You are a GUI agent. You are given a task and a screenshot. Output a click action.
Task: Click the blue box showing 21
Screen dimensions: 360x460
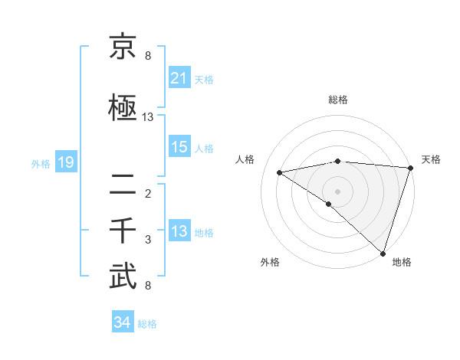pos(179,77)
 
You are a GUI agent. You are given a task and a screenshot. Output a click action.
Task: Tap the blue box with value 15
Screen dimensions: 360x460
pos(179,147)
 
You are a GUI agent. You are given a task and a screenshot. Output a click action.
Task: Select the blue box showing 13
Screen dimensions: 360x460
pos(179,231)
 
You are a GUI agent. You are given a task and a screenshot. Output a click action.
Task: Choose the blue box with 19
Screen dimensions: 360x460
pos(65,162)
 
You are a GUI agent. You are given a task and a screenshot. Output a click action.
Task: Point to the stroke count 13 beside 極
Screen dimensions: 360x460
pos(148,117)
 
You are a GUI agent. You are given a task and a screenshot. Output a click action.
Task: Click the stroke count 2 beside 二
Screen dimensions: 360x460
pos(148,193)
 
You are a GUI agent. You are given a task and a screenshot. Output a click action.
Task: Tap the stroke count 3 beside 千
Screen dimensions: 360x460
pos(148,240)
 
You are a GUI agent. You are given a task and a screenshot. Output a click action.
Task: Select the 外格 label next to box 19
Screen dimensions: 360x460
pos(41,163)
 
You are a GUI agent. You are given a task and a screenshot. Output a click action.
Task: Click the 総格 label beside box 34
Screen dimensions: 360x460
pos(147,323)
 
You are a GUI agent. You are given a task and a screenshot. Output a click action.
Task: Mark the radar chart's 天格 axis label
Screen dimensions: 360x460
pos(431,159)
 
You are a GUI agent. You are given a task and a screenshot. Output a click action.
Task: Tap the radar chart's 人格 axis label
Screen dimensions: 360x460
pos(245,159)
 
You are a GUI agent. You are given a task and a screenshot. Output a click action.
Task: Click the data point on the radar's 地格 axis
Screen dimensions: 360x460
pos(383,253)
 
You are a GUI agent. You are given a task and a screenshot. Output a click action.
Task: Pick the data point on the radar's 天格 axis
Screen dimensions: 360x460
pos(410,167)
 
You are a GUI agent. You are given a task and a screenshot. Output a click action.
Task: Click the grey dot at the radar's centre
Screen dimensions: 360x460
pos(337,191)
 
